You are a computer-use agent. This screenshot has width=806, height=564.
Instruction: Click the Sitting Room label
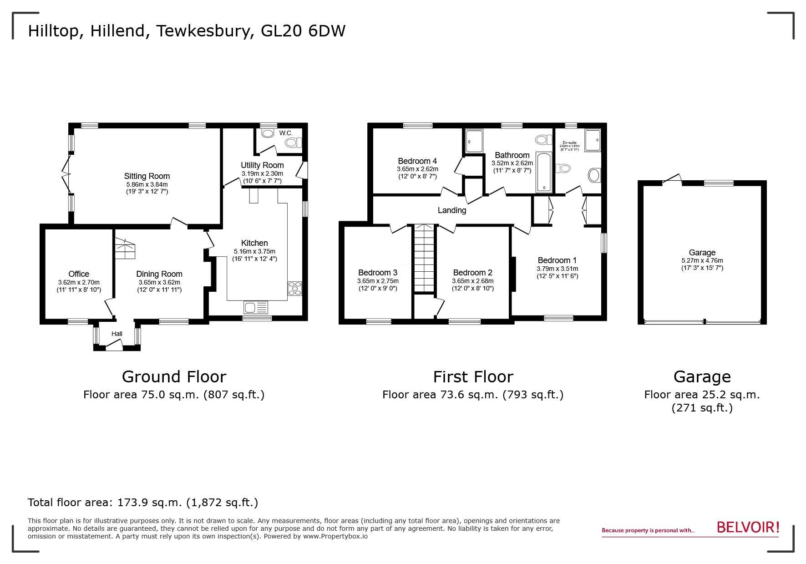[147, 176]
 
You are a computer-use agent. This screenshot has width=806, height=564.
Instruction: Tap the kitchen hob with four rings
[294, 289]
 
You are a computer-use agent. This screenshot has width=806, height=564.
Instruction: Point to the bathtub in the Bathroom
[543, 172]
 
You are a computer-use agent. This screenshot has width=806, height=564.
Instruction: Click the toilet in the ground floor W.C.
[293, 143]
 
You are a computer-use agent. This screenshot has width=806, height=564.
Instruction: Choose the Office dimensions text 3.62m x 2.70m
[79, 282]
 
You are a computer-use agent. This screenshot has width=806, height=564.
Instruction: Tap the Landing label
[451, 210]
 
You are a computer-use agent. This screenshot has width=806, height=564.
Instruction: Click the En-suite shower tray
[592, 140]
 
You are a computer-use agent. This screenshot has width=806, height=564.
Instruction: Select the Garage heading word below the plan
[702, 377]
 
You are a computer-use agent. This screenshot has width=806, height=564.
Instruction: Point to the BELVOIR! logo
[748, 528]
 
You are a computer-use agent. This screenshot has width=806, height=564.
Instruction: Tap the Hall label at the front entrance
[117, 334]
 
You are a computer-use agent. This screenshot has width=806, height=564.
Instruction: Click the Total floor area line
[143, 503]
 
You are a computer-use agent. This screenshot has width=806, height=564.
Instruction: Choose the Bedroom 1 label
[557, 260]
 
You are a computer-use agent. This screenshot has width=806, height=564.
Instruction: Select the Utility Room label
[262, 165]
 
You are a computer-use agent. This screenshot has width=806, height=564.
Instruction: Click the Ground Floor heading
[174, 377]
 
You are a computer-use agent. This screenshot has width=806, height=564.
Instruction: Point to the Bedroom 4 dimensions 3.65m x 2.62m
[417, 169]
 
